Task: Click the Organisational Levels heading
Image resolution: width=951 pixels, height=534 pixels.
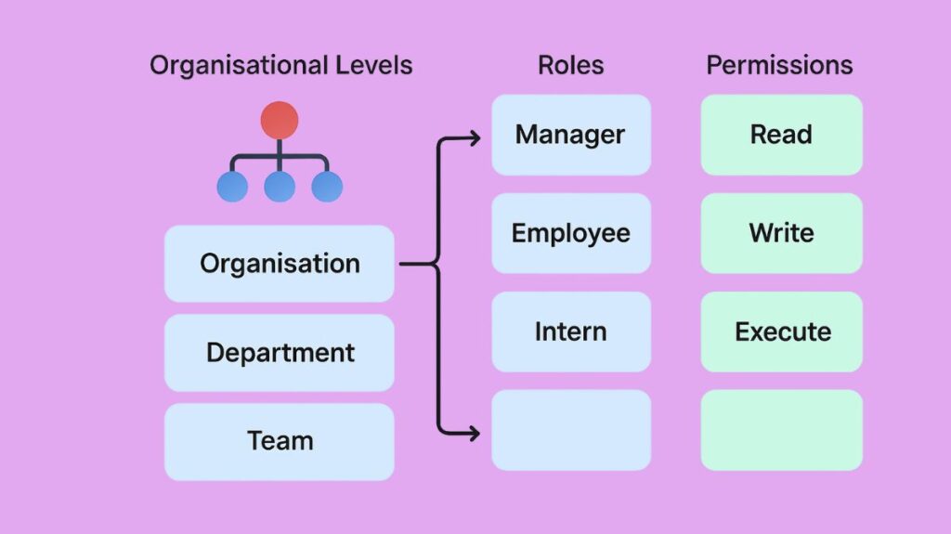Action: click(280, 66)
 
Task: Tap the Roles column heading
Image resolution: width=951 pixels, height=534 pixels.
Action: click(570, 66)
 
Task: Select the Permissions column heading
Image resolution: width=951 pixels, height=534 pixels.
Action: click(779, 66)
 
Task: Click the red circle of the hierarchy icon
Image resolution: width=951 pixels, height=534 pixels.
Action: click(280, 121)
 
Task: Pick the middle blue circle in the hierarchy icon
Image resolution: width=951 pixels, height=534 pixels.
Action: click(280, 187)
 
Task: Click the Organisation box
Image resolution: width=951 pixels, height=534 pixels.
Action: click(280, 264)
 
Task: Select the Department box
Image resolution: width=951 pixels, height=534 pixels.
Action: click(280, 353)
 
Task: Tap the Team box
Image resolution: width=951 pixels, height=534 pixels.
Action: click(280, 441)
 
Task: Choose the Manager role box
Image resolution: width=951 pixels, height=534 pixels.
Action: click(570, 135)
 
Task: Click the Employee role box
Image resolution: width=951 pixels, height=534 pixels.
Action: click(570, 233)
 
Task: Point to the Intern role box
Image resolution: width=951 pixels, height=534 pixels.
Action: click(570, 332)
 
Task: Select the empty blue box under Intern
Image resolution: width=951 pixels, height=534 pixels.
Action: click(570, 430)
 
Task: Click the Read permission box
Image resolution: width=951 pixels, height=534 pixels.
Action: click(781, 135)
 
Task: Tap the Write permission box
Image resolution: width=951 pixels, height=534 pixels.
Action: click(781, 233)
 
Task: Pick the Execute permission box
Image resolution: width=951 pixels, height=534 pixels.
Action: click(781, 332)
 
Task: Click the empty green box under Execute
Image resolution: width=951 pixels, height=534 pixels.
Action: click(781, 430)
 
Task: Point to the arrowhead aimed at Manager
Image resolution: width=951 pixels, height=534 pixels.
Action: click(475, 139)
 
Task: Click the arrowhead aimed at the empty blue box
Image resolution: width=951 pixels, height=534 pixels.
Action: click(475, 432)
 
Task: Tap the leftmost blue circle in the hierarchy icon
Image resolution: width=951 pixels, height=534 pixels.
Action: click(232, 187)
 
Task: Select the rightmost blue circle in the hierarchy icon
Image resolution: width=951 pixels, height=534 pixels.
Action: click(327, 187)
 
